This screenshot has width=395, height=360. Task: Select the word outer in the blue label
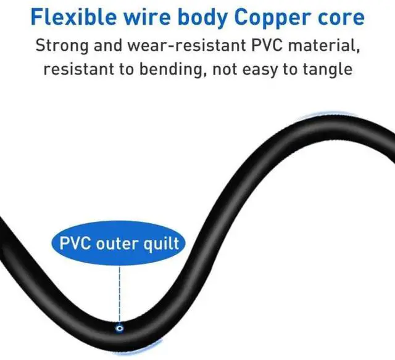(x=119, y=243)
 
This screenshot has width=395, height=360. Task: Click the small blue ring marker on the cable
(x=118, y=329)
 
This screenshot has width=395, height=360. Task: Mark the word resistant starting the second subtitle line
(x=77, y=68)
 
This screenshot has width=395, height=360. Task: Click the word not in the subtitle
(x=223, y=68)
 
